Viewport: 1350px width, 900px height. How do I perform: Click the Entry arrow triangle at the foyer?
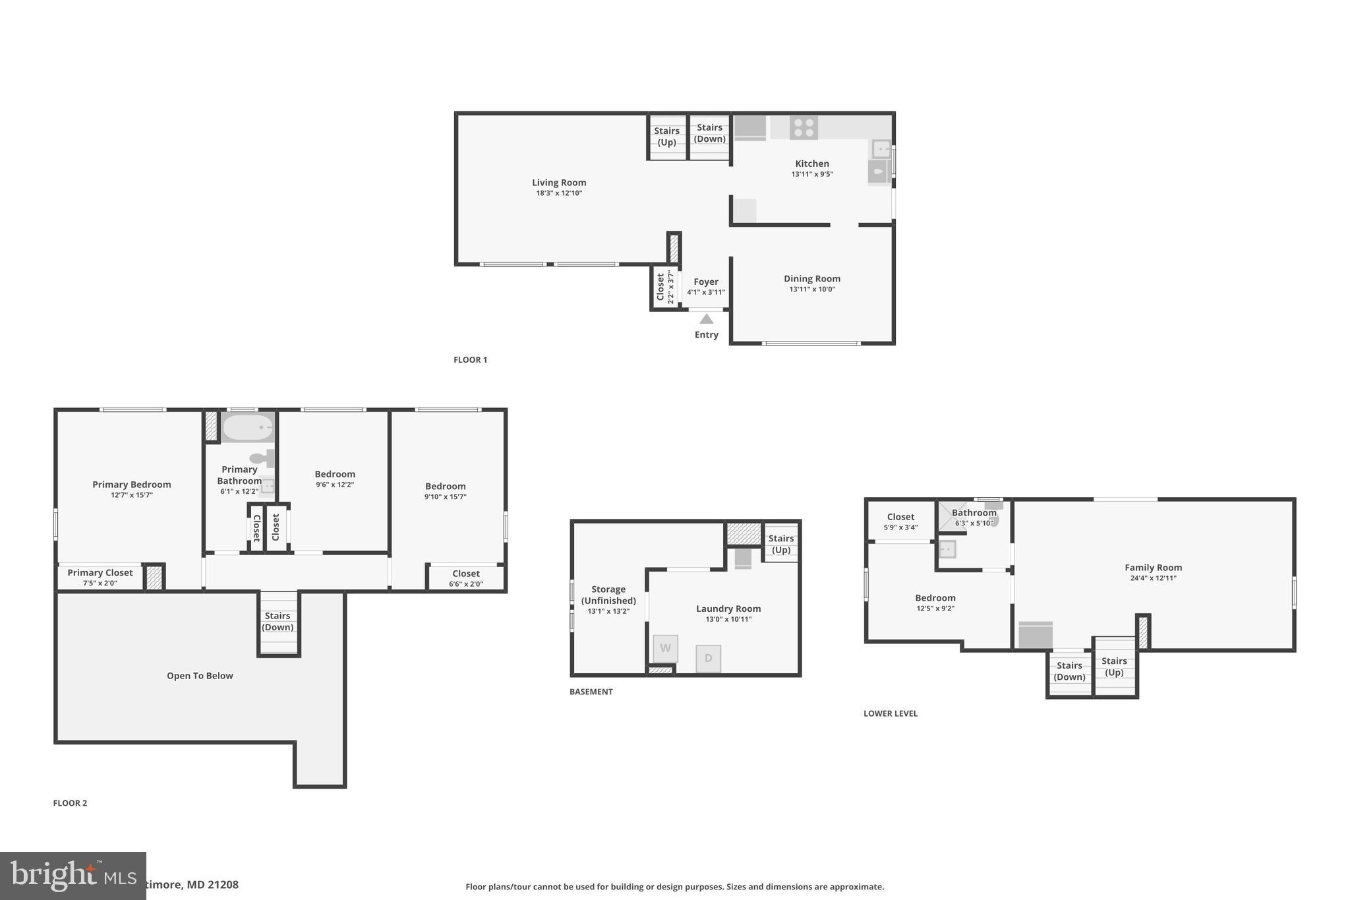tap(706, 319)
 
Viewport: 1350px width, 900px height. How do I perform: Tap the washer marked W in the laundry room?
tap(665, 648)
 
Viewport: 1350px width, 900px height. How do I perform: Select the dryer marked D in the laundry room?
tap(708, 658)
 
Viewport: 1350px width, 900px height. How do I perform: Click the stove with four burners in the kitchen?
tap(804, 128)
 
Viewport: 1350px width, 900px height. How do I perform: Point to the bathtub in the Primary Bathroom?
tap(247, 428)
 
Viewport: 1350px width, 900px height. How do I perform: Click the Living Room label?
tap(559, 183)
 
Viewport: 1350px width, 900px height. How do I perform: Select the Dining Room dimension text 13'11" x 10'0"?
tap(811, 289)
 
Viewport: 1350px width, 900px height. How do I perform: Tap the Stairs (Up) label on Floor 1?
tap(666, 136)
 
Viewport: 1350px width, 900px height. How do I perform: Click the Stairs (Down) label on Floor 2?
tap(278, 621)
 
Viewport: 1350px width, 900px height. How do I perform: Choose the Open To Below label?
tap(200, 676)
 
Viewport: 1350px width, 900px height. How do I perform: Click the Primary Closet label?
tap(100, 572)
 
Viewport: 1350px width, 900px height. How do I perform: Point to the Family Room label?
tap(1153, 568)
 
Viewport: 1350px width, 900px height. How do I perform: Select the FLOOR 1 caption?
tap(470, 360)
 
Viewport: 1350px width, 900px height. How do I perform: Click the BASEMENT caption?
tap(591, 692)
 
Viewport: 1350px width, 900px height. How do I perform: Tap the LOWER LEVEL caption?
tap(890, 713)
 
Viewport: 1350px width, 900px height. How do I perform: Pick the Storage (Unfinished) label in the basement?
tap(608, 595)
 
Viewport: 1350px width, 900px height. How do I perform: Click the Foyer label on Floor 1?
tap(705, 282)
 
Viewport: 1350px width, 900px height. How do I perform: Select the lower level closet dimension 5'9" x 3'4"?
tap(900, 527)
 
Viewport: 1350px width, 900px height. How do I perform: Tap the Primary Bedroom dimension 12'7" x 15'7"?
tap(132, 495)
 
